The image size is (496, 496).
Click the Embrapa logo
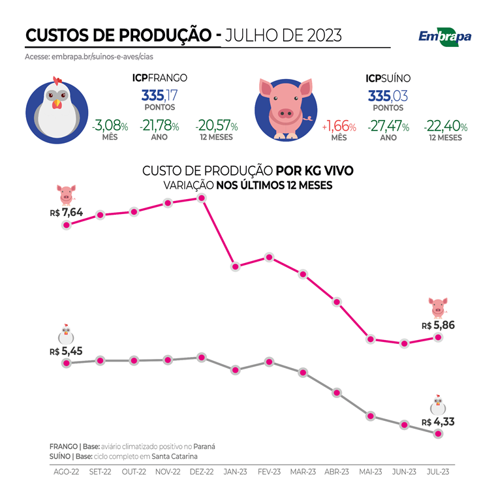click(x=444, y=37)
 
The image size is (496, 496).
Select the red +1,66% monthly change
click(x=339, y=126)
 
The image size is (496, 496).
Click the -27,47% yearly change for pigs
click(x=388, y=126)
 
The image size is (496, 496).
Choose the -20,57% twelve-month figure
click(x=216, y=125)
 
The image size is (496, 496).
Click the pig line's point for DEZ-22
click(x=202, y=198)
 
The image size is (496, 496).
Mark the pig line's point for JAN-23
click(x=236, y=266)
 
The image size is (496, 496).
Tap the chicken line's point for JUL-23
click(x=439, y=433)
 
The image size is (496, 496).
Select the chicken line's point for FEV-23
click(x=269, y=362)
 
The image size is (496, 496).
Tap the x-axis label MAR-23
click(x=303, y=471)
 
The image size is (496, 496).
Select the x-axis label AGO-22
click(x=66, y=471)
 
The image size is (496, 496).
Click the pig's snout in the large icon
click(x=285, y=112)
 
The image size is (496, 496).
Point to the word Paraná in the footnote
click(x=204, y=446)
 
